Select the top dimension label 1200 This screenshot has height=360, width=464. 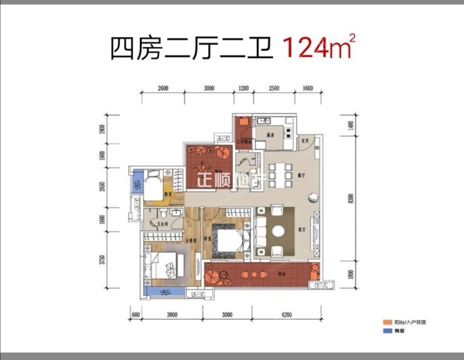[x=244, y=89]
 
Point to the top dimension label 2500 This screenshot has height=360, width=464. [x=274, y=89]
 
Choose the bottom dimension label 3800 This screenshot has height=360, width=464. [x=172, y=315]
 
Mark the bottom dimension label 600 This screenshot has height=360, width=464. [x=135, y=315]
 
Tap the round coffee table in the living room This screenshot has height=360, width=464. [x=278, y=231]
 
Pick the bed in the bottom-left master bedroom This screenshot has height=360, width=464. [x=164, y=267]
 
